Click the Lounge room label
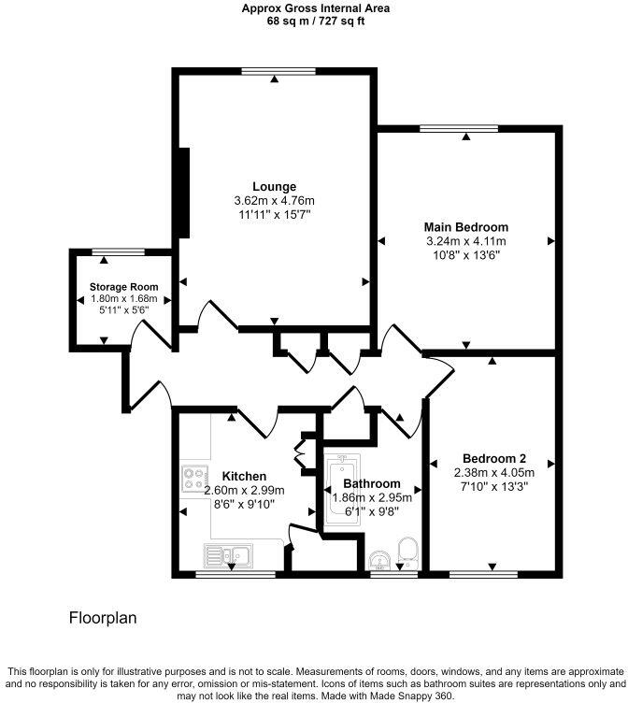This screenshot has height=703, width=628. pos(274,187)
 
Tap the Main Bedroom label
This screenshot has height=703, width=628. pos(465,227)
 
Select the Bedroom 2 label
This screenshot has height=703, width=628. pos(494,459)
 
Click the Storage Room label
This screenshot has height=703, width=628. pos(123,287)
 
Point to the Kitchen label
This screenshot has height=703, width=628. pos(244,477)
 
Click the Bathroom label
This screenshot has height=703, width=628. pos(371,484)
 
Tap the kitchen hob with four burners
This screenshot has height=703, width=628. pos(194,480)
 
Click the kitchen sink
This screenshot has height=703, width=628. pos(223,555)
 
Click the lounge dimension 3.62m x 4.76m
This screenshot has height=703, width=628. pos(274,201)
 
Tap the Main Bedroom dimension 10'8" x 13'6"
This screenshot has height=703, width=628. pos(465,254)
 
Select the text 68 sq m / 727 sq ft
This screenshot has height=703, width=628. pos(314,21)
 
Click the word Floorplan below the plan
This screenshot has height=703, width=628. pos(104,619)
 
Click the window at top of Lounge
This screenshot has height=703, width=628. pos(273,71)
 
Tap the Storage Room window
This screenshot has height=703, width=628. pos(119,251)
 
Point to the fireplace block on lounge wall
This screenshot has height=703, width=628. pos(185,193)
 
